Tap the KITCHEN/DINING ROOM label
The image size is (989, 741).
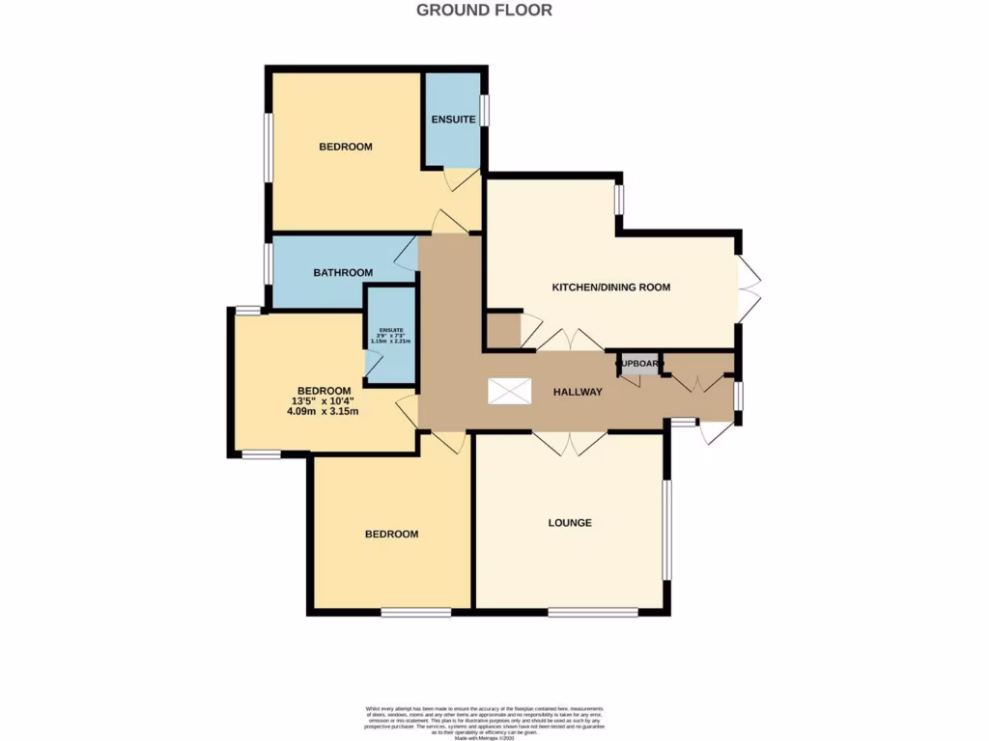pyautogui.click(x=610, y=288)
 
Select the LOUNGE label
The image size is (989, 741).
pyautogui.click(x=570, y=523)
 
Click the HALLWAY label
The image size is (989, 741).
pyautogui.click(x=578, y=392)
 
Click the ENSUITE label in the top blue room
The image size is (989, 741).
pyautogui.click(x=453, y=120)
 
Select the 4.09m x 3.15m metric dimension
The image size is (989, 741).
pyautogui.click(x=323, y=412)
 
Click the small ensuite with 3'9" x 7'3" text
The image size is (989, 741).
pyautogui.click(x=390, y=335)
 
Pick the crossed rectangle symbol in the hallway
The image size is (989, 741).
pyautogui.click(x=509, y=391)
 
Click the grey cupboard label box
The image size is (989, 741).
pyautogui.click(x=638, y=365)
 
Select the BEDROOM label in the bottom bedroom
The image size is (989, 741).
pyautogui.click(x=391, y=535)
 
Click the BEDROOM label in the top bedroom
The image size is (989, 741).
pyautogui.click(x=346, y=147)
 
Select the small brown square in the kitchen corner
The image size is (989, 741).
pyautogui.click(x=502, y=330)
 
